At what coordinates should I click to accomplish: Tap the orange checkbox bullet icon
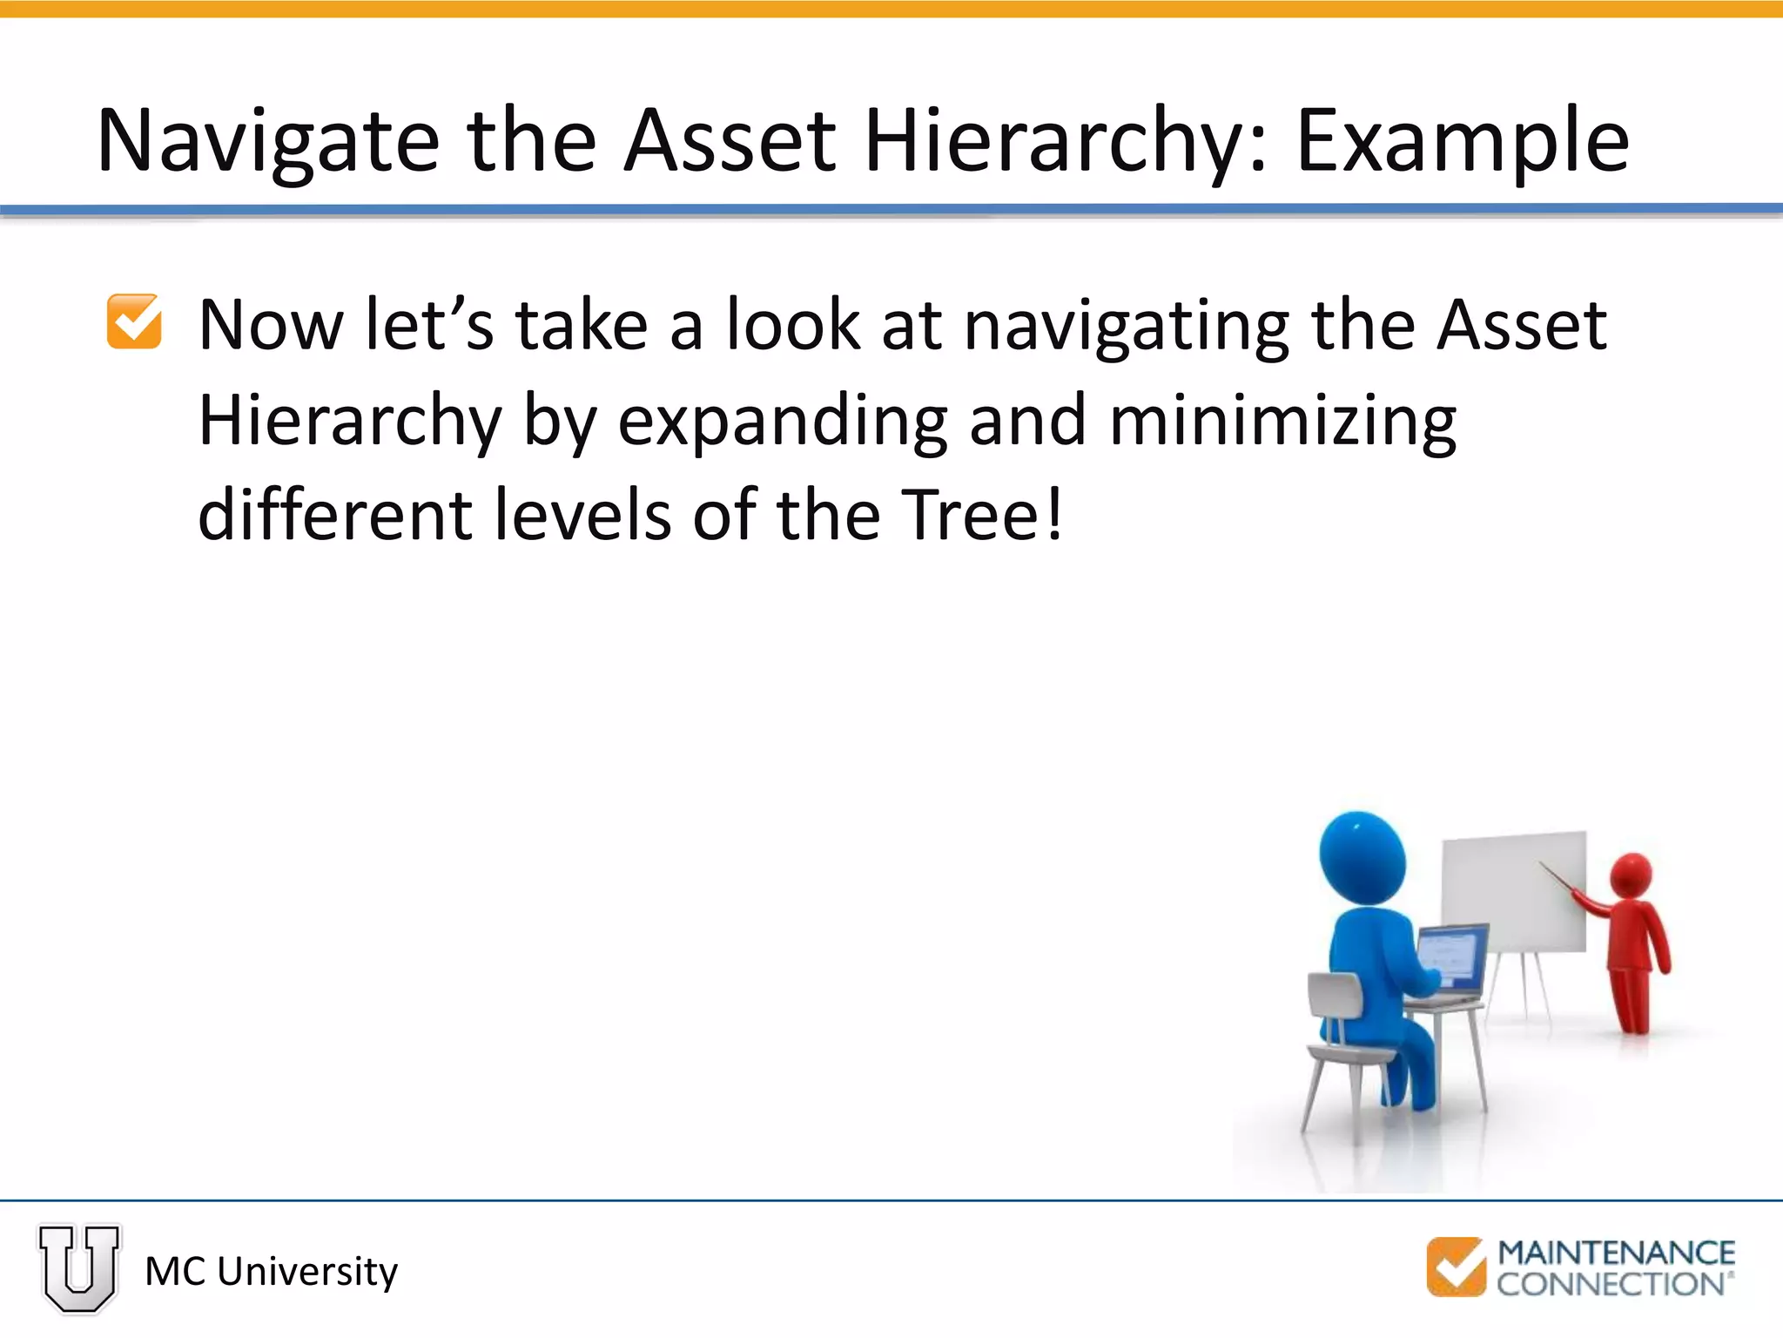[134, 321]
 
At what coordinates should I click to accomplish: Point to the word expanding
[783, 421]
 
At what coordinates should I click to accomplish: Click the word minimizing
[1282, 421]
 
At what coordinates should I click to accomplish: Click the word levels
[582, 515]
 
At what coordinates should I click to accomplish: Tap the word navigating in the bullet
[1127, 326]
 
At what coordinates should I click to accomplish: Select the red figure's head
[1631, 874]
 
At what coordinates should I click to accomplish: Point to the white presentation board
[1513, 893]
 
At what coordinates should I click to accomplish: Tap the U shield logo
[79, 1267]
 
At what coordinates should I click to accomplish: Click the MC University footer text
[271, 1272]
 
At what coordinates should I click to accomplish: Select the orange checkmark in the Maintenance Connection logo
[1456, 1267]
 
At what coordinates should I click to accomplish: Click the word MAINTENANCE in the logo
[1616, 1253]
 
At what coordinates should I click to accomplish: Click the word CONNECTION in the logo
[1611, 1284]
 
